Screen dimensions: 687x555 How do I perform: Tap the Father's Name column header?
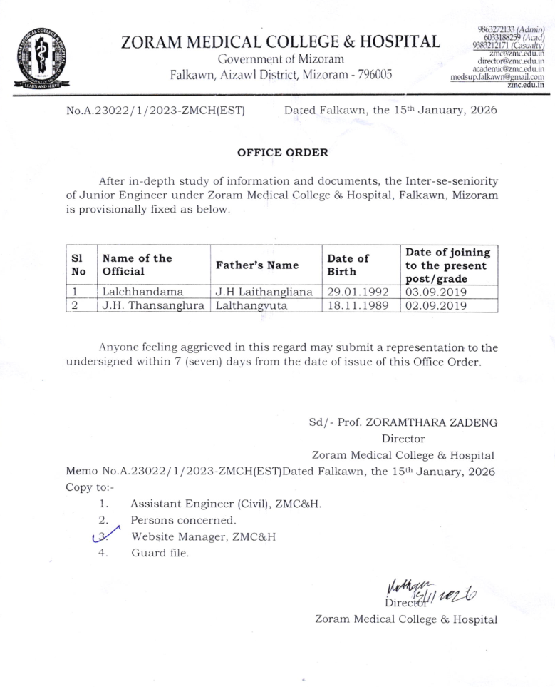(256, 265)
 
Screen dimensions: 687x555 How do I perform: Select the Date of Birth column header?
(348, 265)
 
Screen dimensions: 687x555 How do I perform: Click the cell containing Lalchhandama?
(142, 291)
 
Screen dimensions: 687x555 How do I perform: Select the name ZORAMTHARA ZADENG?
(437, 422)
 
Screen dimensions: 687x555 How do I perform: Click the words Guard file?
(160, 553)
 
